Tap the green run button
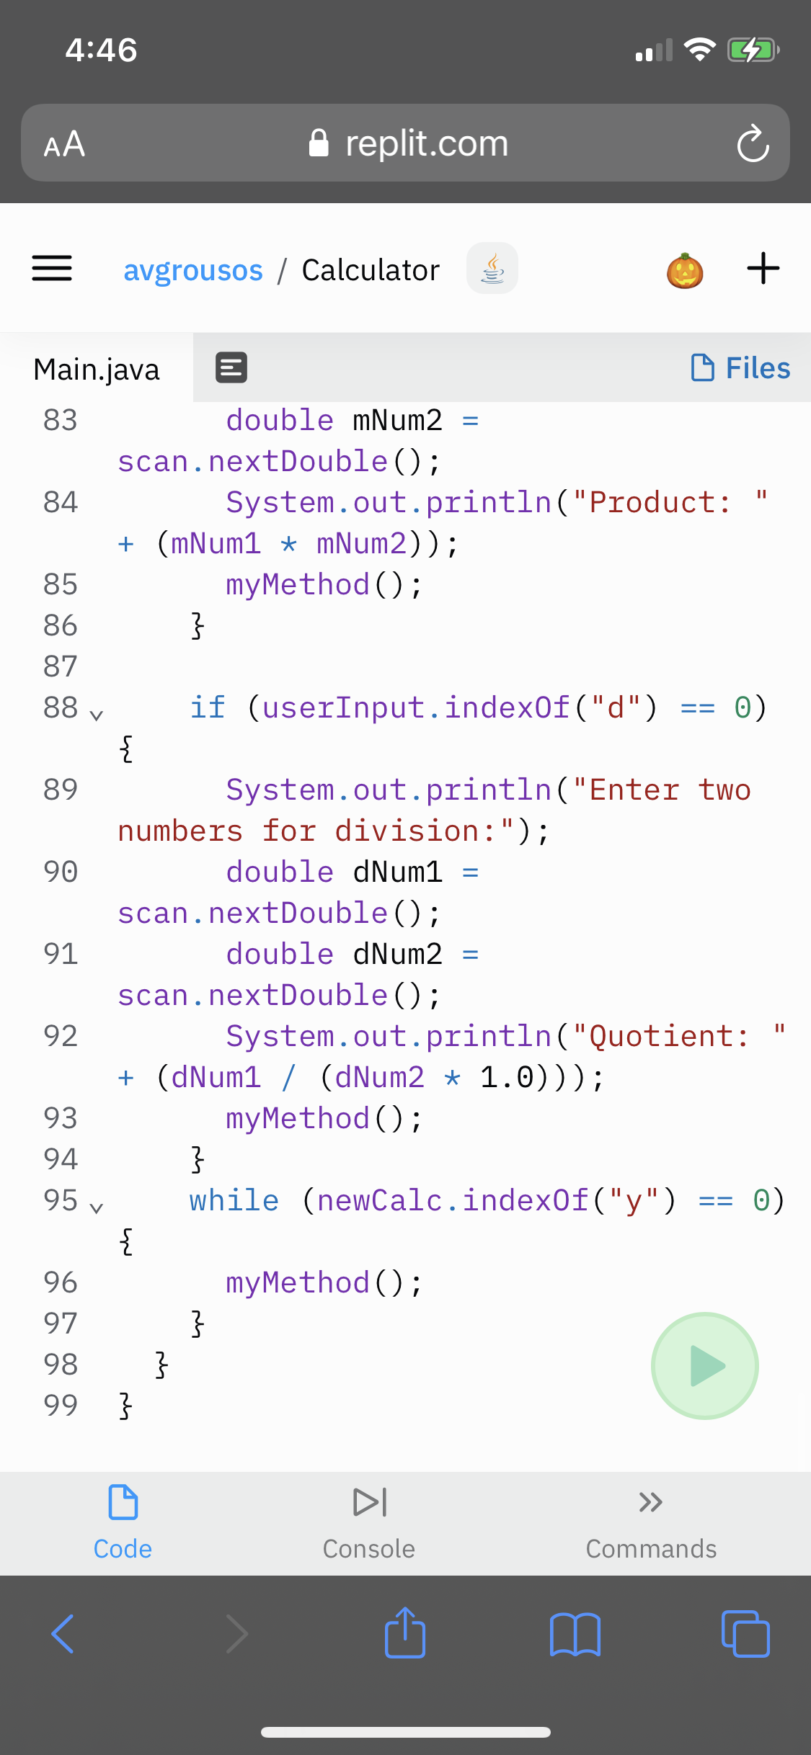(704, 1365)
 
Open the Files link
(740, 368)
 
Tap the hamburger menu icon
(52, 269)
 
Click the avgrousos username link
(193, 270)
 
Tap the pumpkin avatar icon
(685, 270)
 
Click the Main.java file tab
(97, 370)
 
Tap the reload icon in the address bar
(753, 143)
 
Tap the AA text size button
(65, 144)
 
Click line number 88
(61, 707)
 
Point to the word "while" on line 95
(234, 1200)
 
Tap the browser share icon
(405, 1633)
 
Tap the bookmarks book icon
(575, 1634)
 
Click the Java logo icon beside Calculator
(492, 269)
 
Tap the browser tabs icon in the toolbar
(745, 1634)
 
